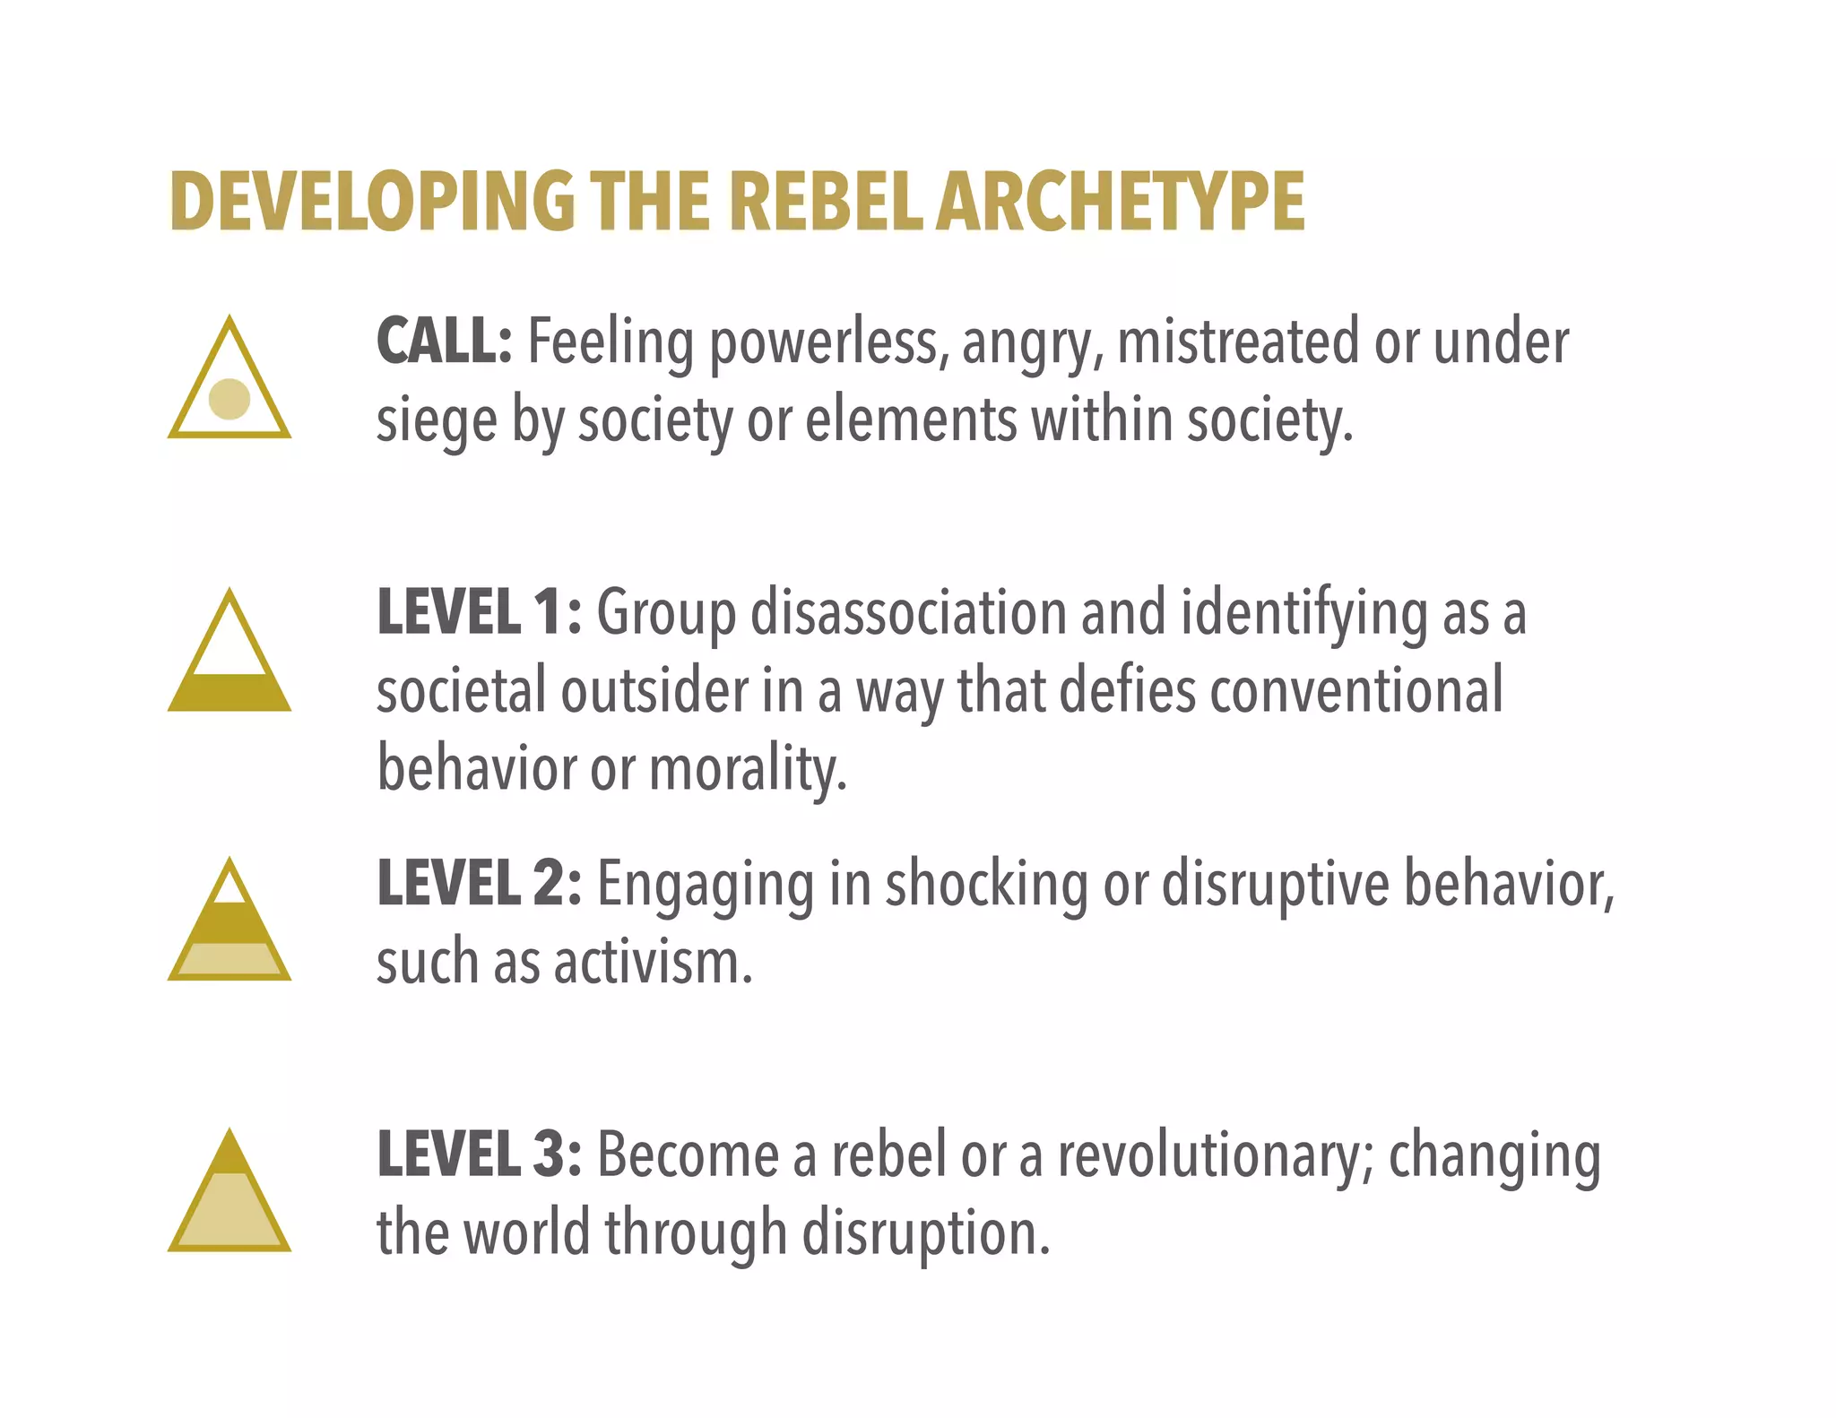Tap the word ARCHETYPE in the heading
click(1120, 202)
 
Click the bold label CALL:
click(444, 342)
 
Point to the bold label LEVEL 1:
click(479, 613)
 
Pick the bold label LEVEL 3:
click(479, 1154)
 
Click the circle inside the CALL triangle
click(229, 399)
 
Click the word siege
click(436, 421)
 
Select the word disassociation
click(908, 613)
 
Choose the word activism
click(653, 962)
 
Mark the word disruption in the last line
click(925, 1234)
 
